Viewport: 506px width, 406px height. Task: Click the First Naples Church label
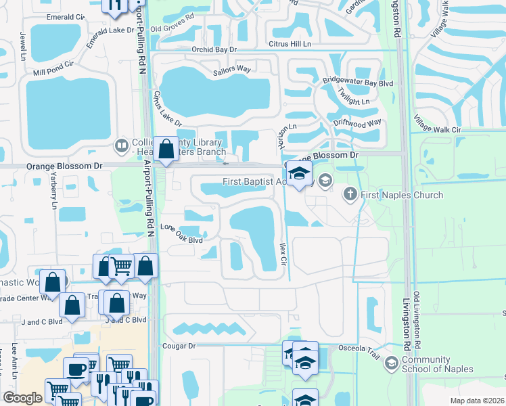[402, 196]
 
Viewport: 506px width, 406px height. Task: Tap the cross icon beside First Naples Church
[350, 195]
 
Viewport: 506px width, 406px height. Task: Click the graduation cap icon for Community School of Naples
[390, 364]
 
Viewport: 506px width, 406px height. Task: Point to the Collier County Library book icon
[122, 145]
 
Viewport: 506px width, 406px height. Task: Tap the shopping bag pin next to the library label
[166, 149]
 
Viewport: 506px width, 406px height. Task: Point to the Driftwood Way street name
[357, 125]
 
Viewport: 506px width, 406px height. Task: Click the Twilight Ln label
[354, 101]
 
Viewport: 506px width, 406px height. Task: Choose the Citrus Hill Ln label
[292, 44]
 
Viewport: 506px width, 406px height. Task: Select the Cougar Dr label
[179, 345]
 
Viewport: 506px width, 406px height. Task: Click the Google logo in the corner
[22, 398]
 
